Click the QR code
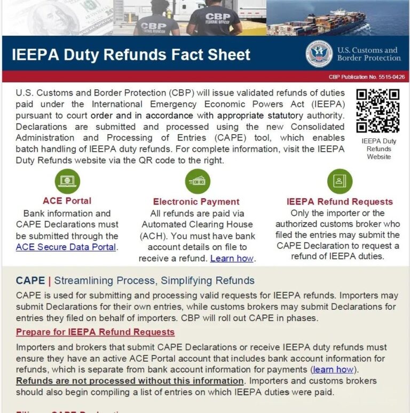[377, 111]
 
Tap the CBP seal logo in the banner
[319, 54]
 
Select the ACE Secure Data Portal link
[66, 247]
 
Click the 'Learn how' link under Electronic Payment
[232, 259]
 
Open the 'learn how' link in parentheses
[333, 369]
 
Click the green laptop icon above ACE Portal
[67, 182]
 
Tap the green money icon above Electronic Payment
[198, 182]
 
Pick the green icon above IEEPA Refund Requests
[340, 182]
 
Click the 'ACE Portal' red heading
[67, 201]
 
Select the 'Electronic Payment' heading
[196, 202]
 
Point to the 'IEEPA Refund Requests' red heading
[340, 202]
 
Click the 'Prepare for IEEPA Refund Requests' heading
[95, 332]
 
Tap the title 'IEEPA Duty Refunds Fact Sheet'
[131, 54]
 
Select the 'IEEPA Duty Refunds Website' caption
[379, 149]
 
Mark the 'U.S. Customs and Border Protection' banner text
[368, 54]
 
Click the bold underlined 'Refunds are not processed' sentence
[130, 381]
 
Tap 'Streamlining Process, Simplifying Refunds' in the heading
[154, 280]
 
